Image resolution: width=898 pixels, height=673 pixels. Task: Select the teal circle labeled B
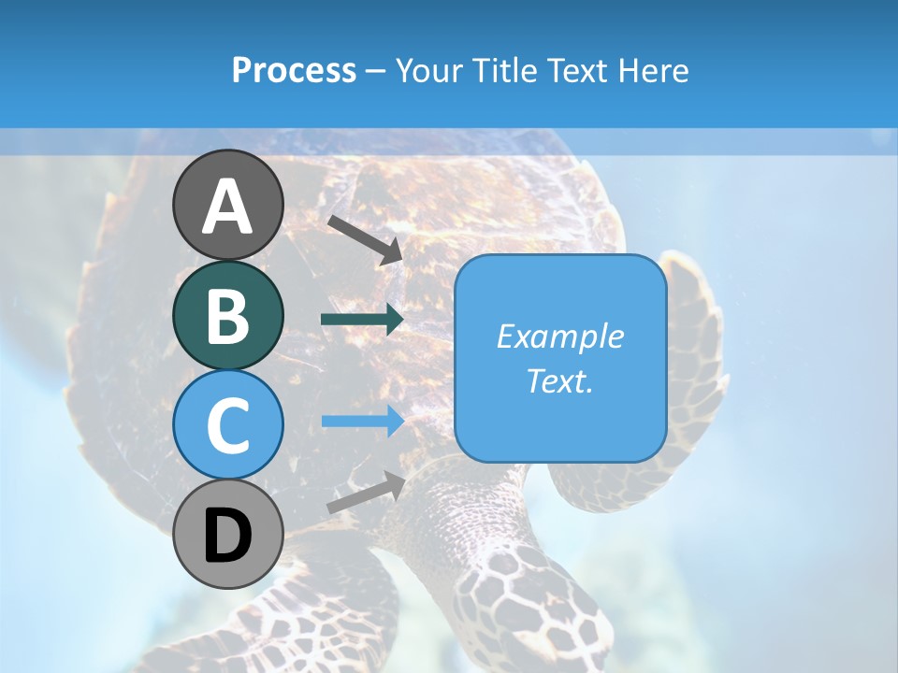(227, 315)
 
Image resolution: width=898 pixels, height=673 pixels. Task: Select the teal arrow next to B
(362, 320)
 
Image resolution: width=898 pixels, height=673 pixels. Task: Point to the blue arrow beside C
(362, 422)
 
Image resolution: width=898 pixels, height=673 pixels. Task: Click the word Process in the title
(294, 71)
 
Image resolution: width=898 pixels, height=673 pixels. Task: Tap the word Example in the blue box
(559, 336)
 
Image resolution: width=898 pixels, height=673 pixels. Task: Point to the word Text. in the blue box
(559, 380)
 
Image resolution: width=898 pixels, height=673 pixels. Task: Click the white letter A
(227, 208)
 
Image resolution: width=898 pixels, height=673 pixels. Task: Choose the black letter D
(227, 537)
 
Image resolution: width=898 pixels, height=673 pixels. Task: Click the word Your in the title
(427, 71)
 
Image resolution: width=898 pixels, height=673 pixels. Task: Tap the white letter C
(227, 425)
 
